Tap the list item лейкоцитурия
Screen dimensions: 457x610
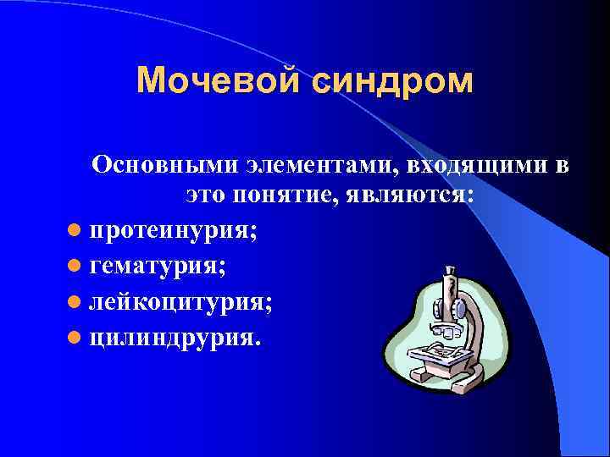(x=180, y=302)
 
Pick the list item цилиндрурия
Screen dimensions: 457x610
(x=175, y=338)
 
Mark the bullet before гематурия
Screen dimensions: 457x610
(x=75, y=267)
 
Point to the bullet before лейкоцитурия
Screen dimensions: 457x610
(x=75, y=303)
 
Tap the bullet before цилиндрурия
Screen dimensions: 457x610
(x=75, y=339)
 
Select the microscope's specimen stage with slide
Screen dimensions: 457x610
(x=441, y=353)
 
